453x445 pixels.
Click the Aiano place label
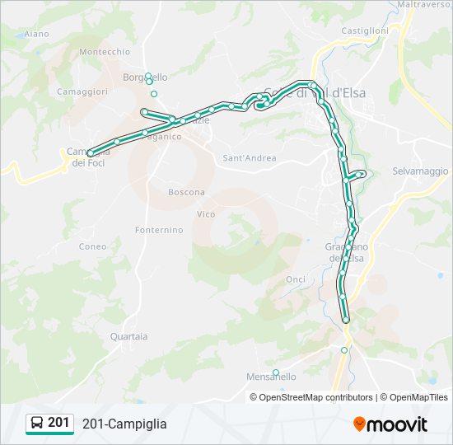[37, 34]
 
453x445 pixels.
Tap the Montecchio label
[105, 52]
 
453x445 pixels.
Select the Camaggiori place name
[82, 92]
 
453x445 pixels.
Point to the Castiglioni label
[364, 30]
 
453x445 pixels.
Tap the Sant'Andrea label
[250, 157]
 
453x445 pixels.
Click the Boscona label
[186, 193]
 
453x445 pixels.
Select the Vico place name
[206, 214]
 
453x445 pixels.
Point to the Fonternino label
[159, 231]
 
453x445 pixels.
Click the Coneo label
[92, 246]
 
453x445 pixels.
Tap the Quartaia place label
[128, 336]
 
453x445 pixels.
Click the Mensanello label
[271, 377]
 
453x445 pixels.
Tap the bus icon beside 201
[37, 424]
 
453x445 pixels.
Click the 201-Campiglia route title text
[124, 424]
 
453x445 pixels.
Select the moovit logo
[390, 424]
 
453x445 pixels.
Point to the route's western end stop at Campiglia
[90, 153]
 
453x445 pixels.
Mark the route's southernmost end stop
[346, 320]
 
